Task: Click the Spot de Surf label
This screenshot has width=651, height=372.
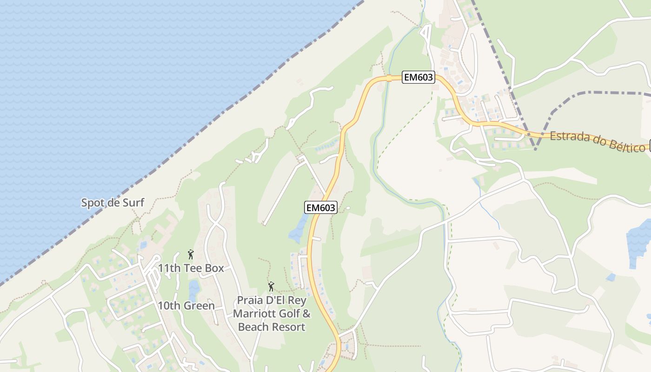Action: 113,203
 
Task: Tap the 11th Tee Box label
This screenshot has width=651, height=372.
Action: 191,268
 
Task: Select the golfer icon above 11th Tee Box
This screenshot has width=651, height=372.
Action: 190,254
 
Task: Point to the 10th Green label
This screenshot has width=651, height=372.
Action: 186,306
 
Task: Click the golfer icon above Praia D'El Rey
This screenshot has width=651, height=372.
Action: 271,286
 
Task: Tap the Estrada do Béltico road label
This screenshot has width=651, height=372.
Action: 598,142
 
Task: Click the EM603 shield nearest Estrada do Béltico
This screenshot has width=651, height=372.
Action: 418,78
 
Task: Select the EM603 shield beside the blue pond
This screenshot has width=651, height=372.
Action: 320,207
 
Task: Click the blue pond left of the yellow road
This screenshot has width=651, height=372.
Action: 298,229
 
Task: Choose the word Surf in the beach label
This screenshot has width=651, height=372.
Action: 133,203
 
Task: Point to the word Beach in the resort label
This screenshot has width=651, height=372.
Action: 253,327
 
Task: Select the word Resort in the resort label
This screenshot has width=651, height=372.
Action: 288,327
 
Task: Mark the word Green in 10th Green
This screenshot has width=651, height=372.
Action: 199,306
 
